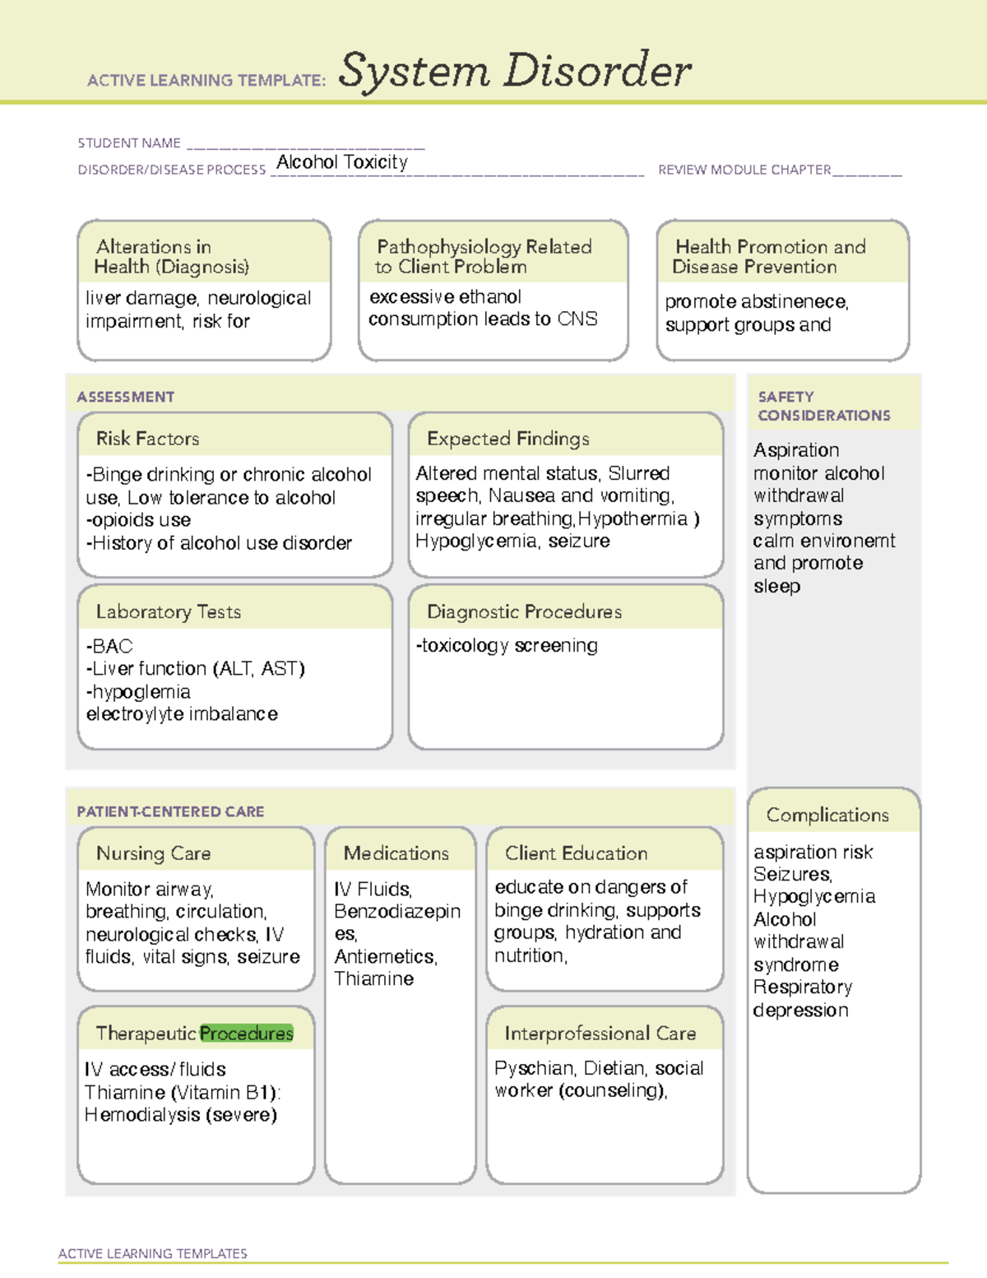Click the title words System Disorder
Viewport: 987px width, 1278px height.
click(x=515, y=71)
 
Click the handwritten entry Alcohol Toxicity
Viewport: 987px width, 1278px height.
click(x=342, y=162)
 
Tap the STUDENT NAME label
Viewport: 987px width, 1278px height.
click(x=129, y=143)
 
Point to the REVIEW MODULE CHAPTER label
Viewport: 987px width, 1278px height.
click(x=744, y=170)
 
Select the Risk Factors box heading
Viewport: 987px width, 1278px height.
click(x=148, y=439)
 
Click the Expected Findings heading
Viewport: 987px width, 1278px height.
click(x=508, y=439)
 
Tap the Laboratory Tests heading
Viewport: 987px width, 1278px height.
click(x=169, y=611)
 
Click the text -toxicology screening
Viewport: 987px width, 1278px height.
click(x=507, y=645)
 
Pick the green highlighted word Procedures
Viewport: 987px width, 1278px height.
click(x=247, y=1033)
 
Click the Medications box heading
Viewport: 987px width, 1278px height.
click(x=396, y=853)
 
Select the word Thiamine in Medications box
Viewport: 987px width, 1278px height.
click(x=374, y=978)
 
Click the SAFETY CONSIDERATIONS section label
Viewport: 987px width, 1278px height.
click(x=823, y=406)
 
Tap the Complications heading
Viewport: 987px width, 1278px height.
click(x=827, y=815)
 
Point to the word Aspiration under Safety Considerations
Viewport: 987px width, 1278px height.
click(x=796, y=450)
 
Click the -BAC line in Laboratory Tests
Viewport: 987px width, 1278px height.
click(x=110, y=646)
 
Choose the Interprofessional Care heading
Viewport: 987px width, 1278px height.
click(x=600, y=1033)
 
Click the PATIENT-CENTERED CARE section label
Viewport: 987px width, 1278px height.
click(x=171, y=811)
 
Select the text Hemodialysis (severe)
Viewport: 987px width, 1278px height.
click(x=181, y=1114)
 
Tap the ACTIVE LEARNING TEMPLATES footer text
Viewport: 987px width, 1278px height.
click(x=153, y=1253)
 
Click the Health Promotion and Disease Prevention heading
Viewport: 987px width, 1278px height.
click(x=770, y=257)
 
